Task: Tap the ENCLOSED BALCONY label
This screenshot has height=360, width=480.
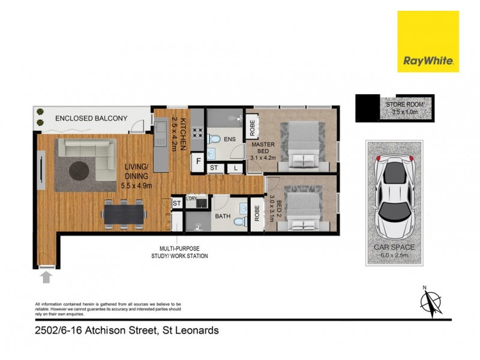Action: coord(91,118)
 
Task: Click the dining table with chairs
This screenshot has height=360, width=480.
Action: coord(123,213)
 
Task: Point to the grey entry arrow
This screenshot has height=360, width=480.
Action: coord(47,276)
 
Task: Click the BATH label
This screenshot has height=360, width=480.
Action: coord(223,216)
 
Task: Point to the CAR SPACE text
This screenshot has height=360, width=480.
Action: coord(395,247)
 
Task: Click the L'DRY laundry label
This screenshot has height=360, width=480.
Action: coord(192,199)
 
